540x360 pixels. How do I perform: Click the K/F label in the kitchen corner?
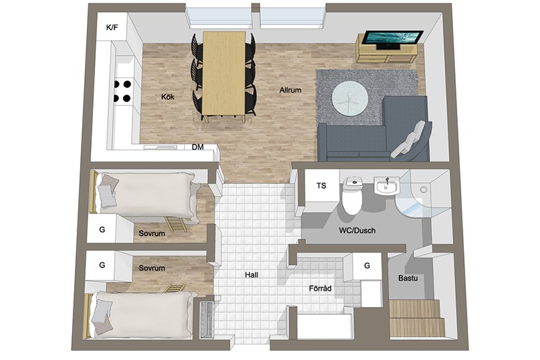click(112, 28)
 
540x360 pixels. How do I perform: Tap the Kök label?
click(168, 97)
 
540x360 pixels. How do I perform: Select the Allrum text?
click(290, 90)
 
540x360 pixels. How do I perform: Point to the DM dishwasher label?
click(198, 147)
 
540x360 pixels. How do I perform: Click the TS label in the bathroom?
click(321, 185)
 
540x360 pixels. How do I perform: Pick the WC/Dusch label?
click(357, 230)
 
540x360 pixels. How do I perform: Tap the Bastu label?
click(408, 278)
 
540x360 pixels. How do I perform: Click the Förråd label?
click(321, 289)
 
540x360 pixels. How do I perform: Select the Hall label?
click(252, 275)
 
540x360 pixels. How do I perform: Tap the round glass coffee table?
click(350, 98)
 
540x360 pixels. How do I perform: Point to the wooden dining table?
click(224, 74)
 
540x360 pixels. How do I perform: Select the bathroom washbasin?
click(387, 187)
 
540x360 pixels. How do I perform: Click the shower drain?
click(424, 189)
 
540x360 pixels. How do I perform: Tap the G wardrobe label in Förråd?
click(367, 266)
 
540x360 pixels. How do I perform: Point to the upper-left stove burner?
click(117, 84)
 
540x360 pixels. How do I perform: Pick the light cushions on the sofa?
click(408, 139)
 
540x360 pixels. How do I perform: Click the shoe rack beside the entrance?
click(206, 320)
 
